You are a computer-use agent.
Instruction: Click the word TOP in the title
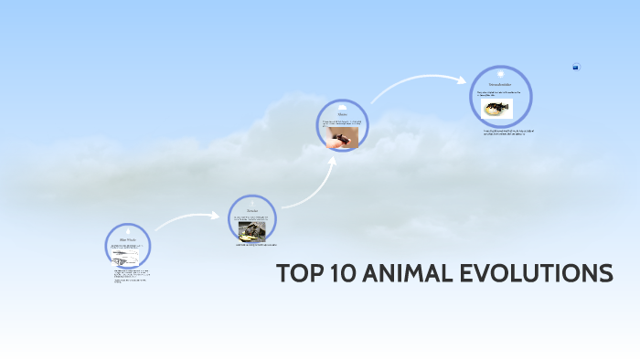(x=297, y=274)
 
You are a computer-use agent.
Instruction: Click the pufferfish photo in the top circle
(x=498, y=110)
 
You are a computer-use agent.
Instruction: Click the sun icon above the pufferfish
(x=501, y=73)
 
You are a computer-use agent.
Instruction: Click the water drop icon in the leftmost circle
(x=127, y=231)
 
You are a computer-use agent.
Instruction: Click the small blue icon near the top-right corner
(x=576, y=67)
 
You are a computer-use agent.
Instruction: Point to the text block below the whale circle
(x=131, y=276)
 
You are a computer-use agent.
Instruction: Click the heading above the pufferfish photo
(x=501, y=84)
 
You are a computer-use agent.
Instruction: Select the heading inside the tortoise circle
(x=251, y=211)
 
